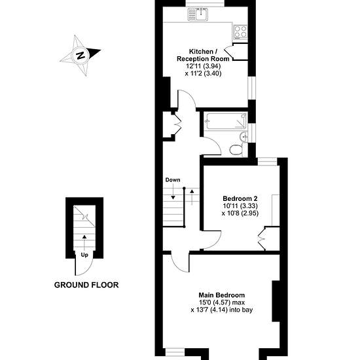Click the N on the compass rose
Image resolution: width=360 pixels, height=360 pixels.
[x=81, y=56]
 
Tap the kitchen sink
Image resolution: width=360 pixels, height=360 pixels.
[x=198, y=14]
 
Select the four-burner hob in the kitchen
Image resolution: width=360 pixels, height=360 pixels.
[x=240, y=31]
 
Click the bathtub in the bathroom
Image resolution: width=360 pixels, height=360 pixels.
[x=226, y=121]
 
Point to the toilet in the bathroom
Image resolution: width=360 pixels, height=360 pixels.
[x=236, y=150]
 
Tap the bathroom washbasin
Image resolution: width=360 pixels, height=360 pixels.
[x=243, y=137]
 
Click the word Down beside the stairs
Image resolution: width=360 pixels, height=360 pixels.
[x=173, y=180]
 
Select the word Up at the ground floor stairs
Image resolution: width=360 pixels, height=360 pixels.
[x=84, y=255]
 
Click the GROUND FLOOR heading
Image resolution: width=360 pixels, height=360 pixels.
[x=86, y=285]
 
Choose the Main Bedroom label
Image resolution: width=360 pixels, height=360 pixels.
[x=221, y=295]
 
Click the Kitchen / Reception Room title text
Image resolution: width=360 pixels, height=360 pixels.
[x=203, y=55]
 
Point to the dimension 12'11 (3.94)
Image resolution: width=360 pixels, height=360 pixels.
[x=203, y=66]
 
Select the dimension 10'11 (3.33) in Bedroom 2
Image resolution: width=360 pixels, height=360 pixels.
[x=240, y=206]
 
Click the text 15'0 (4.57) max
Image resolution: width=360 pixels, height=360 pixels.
[x=221, y=302]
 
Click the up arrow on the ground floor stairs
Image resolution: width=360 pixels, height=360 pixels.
[x=84, y=243]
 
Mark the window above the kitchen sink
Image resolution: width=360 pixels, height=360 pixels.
[x=205, y=3]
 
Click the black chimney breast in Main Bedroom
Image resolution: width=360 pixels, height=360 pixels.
[x=276, y=301]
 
